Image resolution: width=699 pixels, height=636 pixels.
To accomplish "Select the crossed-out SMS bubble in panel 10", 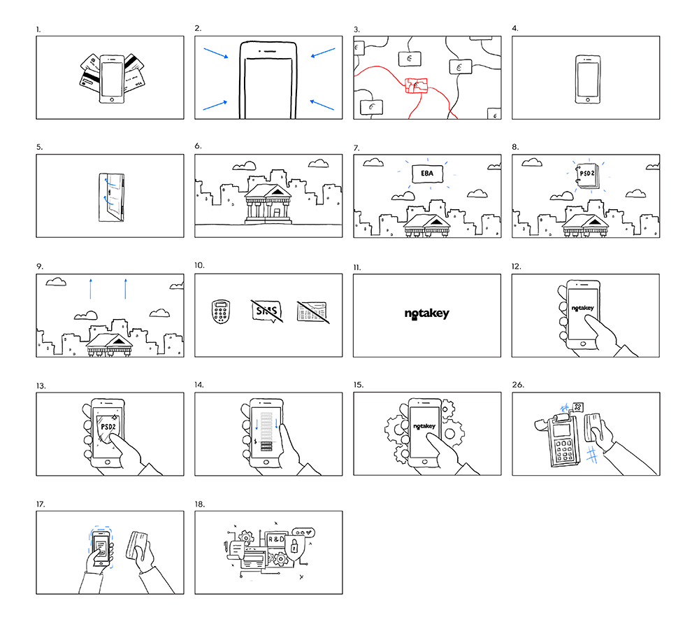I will point(266,311).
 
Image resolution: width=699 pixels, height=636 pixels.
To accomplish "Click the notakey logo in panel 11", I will point(427,315).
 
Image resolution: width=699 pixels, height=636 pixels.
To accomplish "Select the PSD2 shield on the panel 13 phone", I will point(108,428).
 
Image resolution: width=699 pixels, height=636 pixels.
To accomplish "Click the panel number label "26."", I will point(518,385).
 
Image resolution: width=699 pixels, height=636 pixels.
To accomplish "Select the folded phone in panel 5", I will point(110,197).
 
